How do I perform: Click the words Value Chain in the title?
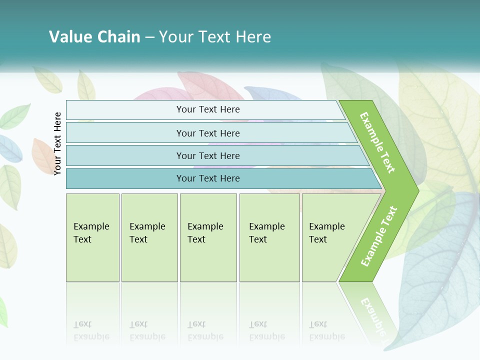point(94,37)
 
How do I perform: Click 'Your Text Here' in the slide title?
point(215,37)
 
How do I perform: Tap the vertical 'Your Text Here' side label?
point(58,143)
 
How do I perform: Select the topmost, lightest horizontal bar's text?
point(208,109)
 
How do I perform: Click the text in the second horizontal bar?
point(208,133)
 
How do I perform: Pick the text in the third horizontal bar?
point(208,156)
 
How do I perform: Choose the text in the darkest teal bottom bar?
point(208,178)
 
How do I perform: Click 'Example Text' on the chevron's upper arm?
point(377,142)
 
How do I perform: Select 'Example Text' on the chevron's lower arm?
point(379,236)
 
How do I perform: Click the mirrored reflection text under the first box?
point(91,330)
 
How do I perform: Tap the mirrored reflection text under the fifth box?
point(327,330)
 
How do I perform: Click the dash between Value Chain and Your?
point(149,37)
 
